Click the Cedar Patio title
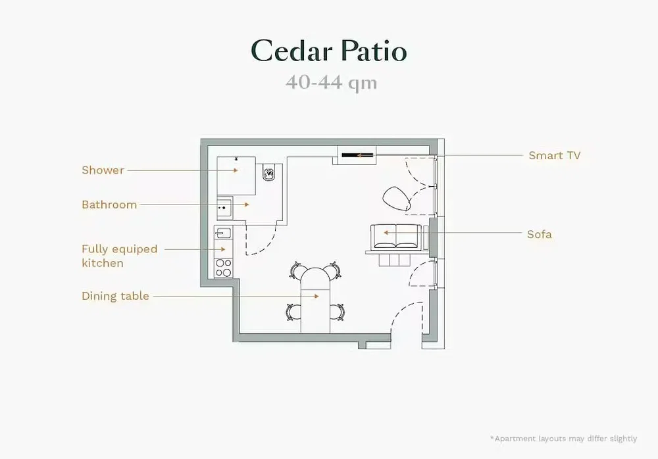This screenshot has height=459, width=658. (x=329, y=51)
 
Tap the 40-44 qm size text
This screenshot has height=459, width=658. (x=332, y=82)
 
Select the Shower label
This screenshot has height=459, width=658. (x=103, y=170)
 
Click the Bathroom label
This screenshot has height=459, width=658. (x=109, y=205)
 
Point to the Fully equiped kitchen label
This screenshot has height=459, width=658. (x=120, y=256)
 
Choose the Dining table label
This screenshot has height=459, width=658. (x=115, y=296)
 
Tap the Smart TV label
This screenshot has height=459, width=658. (x=554, y=155)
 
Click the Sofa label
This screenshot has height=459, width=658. (x=540, y=234)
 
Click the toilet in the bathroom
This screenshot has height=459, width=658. (x=269, y=172)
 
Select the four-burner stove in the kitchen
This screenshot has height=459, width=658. (x=223, y=268)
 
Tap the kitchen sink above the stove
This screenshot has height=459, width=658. (x=223, y=232)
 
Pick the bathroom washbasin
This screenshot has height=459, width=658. (x=224, y=208)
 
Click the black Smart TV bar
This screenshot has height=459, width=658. (x=357, y=155)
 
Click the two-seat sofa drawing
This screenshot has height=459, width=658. (x=395, y=237)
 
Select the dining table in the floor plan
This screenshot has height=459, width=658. (x=315, y=300)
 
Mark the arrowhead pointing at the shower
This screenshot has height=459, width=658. (x=236, y=170)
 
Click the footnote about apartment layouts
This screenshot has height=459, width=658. (x=564, y=439)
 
